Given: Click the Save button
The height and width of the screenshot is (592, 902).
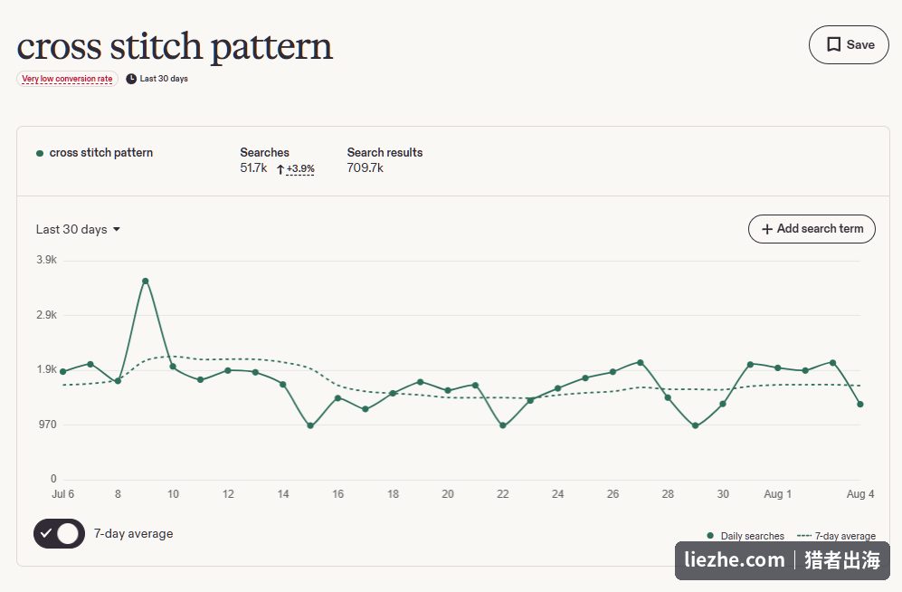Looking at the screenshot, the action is [849, 45].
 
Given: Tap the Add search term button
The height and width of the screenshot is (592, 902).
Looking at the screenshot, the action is [812, 229].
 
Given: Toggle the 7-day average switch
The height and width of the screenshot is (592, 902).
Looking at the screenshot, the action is [59, 533].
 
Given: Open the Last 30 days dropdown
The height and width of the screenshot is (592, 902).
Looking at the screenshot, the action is [78, 230].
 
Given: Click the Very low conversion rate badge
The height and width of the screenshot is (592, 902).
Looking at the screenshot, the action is [67, 79].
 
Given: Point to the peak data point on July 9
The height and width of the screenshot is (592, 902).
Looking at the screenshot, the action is [146, 281].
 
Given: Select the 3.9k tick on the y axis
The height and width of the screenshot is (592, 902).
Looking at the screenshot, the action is [47, 260].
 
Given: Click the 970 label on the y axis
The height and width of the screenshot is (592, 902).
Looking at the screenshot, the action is [47, 425].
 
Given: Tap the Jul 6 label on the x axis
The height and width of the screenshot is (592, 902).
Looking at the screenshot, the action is [62, 494].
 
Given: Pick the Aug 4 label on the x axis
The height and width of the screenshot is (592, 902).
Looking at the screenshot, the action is [860, 494].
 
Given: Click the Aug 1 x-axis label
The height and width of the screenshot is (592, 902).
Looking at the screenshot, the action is [777, 494].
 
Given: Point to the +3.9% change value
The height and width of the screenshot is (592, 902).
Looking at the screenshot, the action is [300, 168].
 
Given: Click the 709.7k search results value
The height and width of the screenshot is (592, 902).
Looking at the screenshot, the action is [366, 168].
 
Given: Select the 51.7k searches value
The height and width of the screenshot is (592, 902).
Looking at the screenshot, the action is [253, 168].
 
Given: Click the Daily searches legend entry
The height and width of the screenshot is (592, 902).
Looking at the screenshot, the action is [745, 536].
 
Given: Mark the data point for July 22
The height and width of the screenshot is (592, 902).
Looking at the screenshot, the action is [503, 425].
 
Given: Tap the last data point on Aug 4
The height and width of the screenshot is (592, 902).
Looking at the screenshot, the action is [860, 405].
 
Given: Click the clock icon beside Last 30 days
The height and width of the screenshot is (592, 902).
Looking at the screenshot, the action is [131, 79].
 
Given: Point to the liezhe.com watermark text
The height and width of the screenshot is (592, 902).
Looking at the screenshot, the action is [734, 559].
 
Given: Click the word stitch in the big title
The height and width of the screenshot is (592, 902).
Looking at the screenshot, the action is [156, 46].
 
